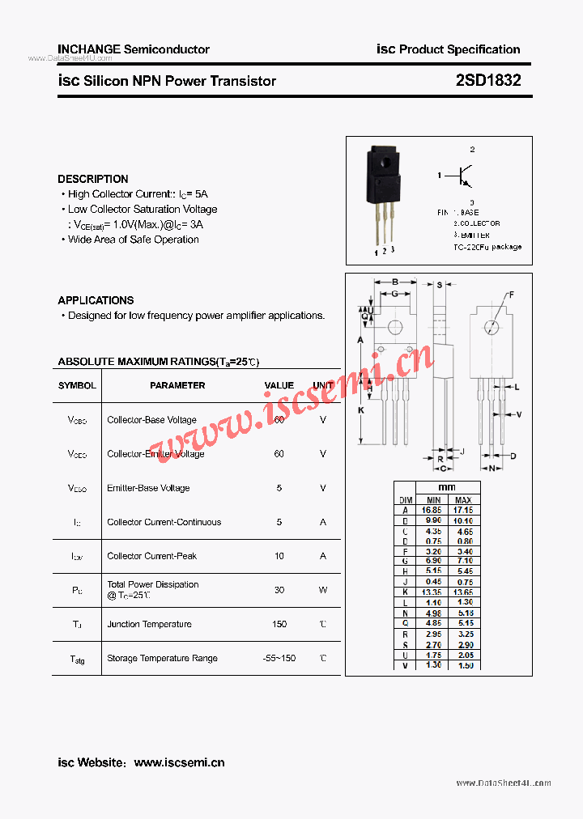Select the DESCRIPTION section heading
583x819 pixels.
(x=93, y=179)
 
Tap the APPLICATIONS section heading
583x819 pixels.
(x=96, y=300)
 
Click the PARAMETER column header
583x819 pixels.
(x=177, y=385)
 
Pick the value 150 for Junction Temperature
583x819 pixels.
(x=279, y=624)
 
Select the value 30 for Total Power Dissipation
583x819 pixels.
(x=279, y=590)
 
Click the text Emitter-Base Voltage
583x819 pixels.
(x=148, y=488)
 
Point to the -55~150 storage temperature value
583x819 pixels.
(x=279, y=658)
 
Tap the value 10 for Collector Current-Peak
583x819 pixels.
(x=279, y=556)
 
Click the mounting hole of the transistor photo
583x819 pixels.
(x=386, y=159)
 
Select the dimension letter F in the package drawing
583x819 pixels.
(x=511, y=295)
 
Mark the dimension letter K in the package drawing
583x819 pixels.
(x=360, y=410)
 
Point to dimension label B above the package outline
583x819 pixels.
(x=394, y=283)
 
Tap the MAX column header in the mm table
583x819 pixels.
(x=463, y=500)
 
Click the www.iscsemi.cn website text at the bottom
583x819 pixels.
(x=179, y=762)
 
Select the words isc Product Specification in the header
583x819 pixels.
(x=449, y=49)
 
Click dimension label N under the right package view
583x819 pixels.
(x=491, y=468)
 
